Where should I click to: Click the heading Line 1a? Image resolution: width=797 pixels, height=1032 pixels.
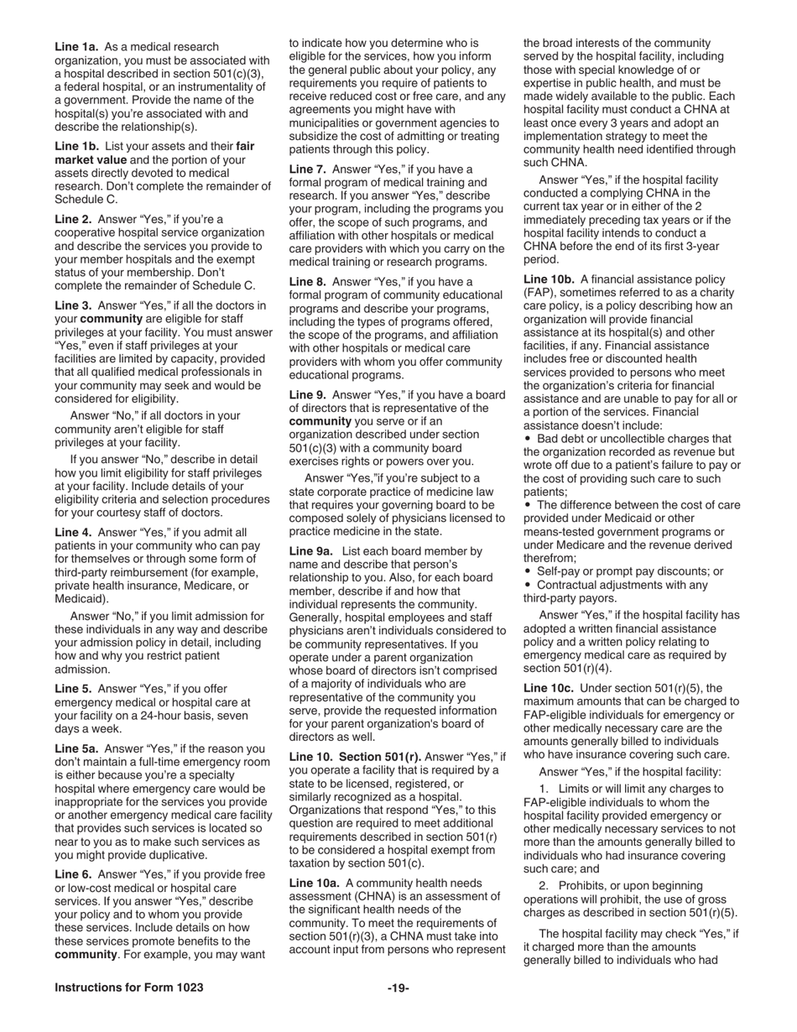(x=76, y=47)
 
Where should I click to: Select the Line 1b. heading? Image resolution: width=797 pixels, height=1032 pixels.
(x=76, y=146)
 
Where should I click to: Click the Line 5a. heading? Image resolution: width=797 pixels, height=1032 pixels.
(x=76, y=748)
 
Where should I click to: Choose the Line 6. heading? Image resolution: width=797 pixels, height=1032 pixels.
(x=73, y=874)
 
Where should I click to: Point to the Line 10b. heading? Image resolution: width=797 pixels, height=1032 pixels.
(x=549, y=279)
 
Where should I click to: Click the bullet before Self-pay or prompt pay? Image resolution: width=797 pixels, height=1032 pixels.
(x=527, y=571)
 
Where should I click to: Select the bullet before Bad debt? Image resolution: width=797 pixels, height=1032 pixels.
(x=527, y=439)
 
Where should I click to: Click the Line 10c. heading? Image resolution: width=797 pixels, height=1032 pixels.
(x=549, y=688)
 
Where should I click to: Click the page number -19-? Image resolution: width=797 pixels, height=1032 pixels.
(x=398, y=988)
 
